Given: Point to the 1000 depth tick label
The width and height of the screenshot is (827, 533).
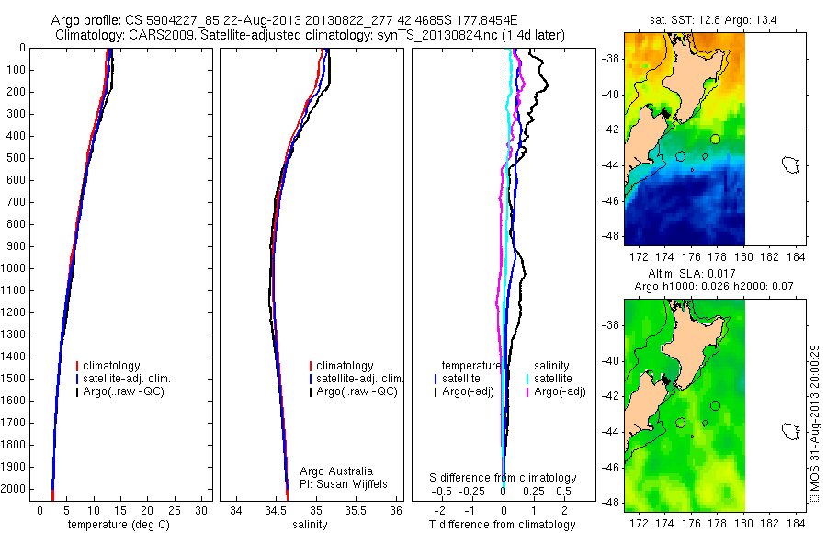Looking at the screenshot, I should (x=16, y=268).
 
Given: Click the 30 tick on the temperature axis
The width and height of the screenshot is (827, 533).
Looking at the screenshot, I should (x=203, y=510).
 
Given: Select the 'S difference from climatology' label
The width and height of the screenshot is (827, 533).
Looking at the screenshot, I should (x=504, y=478).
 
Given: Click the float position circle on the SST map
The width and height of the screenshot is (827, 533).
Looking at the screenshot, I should (x=715, y=139).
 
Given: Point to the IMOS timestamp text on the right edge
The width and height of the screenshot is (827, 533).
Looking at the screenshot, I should (x=814, y=423).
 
